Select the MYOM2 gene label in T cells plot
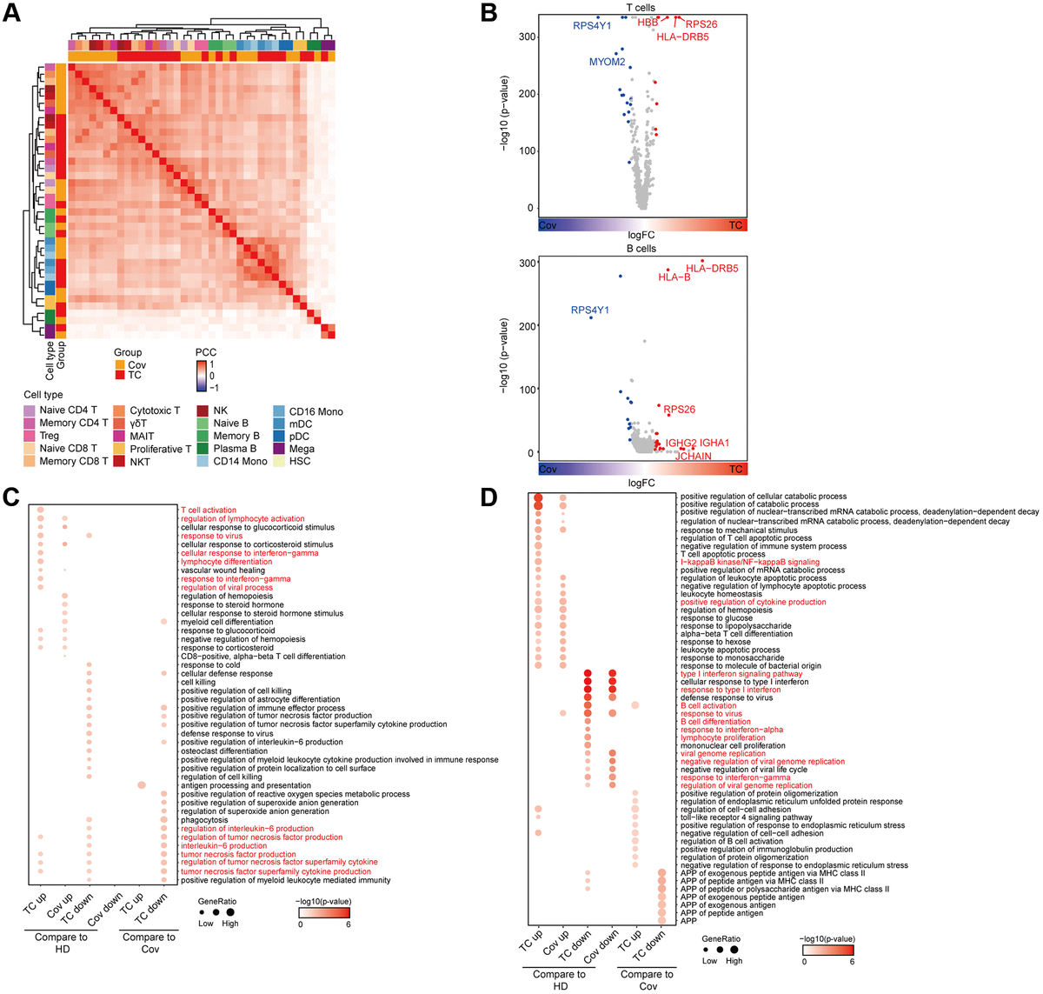(607, 62)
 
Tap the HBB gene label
(648, 23)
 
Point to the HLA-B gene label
(674, 277)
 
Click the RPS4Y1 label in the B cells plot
(589, 310)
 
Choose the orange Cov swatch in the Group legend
(120, 365)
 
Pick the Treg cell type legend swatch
(30, 436)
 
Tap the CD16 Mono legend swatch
(278, 411)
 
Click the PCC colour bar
(202, 376)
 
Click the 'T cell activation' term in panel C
(208, 510)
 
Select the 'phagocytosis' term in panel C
(204, 820)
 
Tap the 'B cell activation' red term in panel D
(714, 706)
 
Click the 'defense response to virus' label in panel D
(726, 698)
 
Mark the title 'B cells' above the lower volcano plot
(641, 249)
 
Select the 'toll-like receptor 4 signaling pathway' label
(746, 817)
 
